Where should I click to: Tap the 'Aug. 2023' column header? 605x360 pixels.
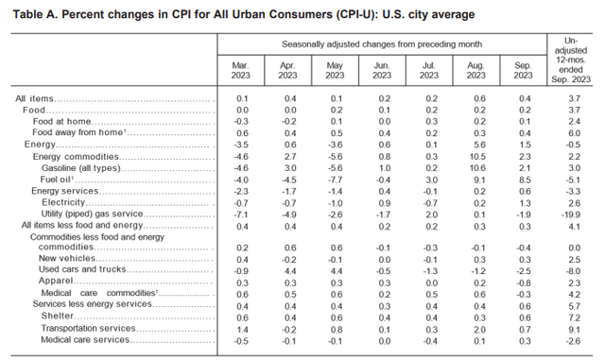point(475,69)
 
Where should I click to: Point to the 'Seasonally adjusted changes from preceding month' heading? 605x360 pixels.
point(383,43)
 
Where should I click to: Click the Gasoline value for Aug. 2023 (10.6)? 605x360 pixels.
point(475,167)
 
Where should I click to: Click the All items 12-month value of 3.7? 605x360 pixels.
point(572,99)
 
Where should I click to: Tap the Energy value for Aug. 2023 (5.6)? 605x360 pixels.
point(477,145)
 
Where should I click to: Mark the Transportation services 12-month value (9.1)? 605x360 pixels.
point(573,327)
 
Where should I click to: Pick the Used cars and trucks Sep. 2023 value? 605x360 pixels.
point(523,270)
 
